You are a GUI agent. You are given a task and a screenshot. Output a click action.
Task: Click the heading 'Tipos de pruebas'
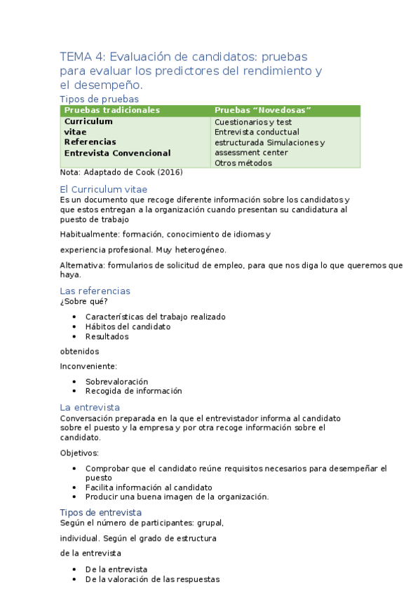point(99,99)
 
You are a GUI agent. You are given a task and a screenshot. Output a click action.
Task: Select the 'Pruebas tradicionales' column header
point(112,110)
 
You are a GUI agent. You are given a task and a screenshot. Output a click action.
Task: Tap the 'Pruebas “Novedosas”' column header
point(263,110)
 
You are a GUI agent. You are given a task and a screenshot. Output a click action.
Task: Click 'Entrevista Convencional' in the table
point(117,153)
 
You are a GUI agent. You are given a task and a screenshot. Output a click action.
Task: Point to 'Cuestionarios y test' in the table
point(253,122)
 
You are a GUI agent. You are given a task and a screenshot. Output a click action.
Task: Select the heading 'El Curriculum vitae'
point(104,189)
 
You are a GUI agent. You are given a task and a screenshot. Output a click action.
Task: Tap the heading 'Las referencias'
point(95,291)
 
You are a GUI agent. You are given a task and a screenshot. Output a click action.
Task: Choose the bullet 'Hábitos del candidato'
point(128,326)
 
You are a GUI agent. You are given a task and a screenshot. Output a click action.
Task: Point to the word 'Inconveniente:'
point(88,366)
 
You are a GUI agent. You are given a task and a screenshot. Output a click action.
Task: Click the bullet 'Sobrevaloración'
point(116,381)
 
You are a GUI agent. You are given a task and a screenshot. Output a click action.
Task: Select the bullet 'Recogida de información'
point(133,391)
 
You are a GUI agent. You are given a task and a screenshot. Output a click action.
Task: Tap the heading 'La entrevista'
point(90,407)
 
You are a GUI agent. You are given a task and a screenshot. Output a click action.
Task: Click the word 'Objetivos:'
point(79,453)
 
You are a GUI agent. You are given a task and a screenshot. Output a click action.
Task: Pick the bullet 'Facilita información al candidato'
point(149,488)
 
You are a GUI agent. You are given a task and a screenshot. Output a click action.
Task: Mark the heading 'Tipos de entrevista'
point(101,512)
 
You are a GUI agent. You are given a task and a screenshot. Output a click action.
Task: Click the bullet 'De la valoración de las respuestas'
point(152,579)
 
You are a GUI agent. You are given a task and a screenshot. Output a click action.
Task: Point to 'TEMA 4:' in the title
point(83,57)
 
